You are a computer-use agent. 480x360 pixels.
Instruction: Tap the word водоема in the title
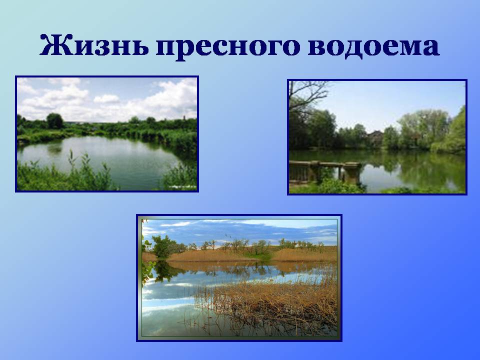pos(374,46)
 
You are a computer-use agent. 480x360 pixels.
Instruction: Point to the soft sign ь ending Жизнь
pos(139,47)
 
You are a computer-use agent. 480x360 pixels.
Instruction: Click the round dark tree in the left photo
pos(55,120)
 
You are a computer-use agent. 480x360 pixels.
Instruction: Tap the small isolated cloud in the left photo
pos(106,98)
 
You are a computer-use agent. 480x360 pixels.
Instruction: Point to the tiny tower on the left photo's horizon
pos(184,117)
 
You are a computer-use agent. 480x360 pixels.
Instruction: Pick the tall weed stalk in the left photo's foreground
pos(71,165)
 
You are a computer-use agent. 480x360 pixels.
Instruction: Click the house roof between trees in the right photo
pos(376,133)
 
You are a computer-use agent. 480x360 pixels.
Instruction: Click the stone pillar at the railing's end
pos(352,173)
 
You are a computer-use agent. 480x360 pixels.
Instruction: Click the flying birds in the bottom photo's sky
pos(226,235)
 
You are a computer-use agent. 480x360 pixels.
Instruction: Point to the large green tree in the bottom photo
pos(164,246)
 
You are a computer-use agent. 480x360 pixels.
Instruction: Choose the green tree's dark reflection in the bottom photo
pos(165,271)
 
